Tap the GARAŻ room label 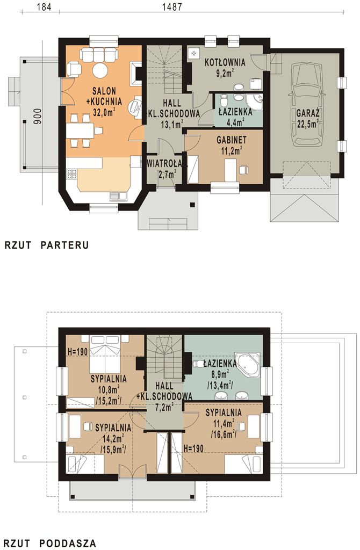pyautogui.click(x=308, y=114)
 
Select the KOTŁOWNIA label pyautogui.click(x=225, y=63)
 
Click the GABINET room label pyautogui.click(x=232, y=140)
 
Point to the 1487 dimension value pyautogui.click(x=172, y=6)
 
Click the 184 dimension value pyautogui.click(x=44, y=6)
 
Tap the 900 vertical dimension pyautogui.click(x=38, y=117)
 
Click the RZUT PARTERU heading pyautogui.click(x=47, y=245)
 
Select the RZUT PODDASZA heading pyautogui.click(x=50, y=544)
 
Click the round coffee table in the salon pyautogui.click(x=100, y=70)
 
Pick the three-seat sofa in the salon pyautogui.click(x=98, y=55)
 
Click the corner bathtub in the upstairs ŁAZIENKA pyautogui.click(x=248, y=366)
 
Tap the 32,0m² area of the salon pyautogui.click(x=104, y=112)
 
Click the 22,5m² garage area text pyautogui.click(x=308, y=124)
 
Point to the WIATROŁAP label pyautogui.click(x=164, y=163)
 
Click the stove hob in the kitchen pyautogui.click(x=72, y=173)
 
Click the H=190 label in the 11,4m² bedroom pyautogui.click(x=193, y=448)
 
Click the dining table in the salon pyautogui.click(x=80, y=131)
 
